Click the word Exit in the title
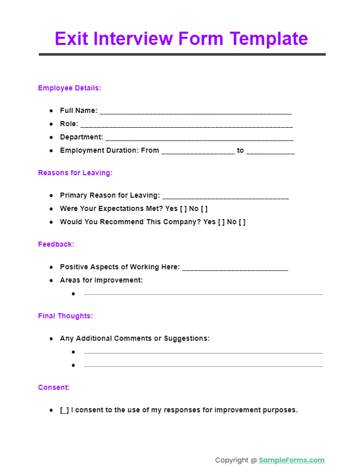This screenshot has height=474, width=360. pos(71,39)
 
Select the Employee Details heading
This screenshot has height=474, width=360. pos(69,88)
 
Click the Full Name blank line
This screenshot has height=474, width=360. pos(196,111)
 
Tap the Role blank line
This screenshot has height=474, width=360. pos(186,125)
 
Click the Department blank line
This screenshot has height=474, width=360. pos(199,138)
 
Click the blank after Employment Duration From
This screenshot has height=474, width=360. pos(198,151)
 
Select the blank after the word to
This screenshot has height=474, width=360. pos(270,151)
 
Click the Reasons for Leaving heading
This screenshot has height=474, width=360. pos(75,173)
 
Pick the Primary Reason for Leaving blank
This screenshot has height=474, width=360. pos(225,196)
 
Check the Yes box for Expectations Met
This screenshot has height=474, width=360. pos(183,208)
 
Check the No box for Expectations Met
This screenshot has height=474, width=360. pos(204,208)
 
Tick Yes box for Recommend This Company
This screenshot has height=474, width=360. pos(221,222)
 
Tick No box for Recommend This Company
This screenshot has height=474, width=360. pos(242,222)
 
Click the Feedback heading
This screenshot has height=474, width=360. pos(56,244)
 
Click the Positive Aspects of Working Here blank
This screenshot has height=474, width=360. pos(235,268)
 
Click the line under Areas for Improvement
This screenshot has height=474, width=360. pos(203,294)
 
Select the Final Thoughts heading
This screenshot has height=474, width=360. pos(65,316)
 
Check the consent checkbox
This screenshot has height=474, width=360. pos(64,410)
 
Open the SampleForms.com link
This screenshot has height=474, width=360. pos(292,460)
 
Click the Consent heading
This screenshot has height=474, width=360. pos(54,387)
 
